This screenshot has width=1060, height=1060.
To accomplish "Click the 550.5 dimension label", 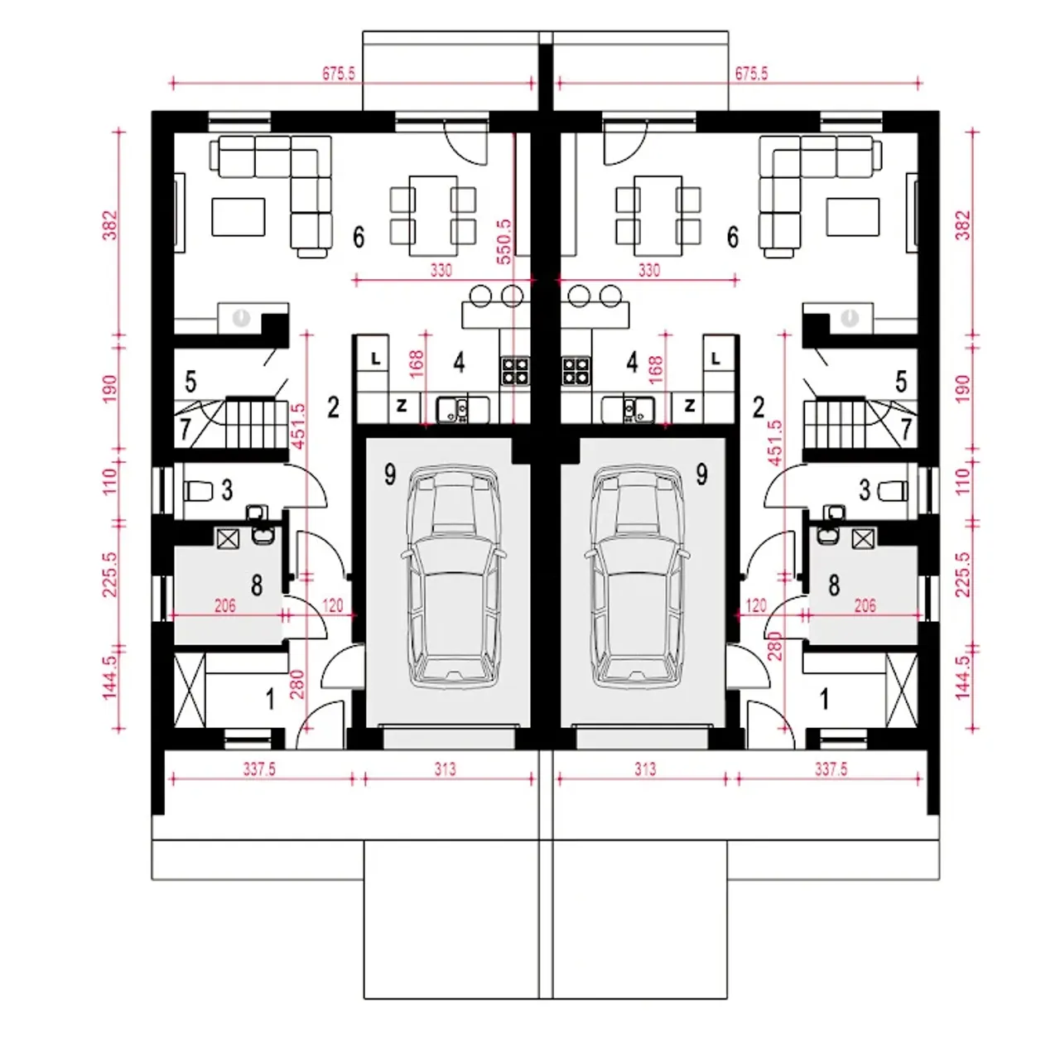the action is pyautogui.click(x=503, y=242).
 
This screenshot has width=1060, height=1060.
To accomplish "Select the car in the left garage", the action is pyautogui.click(x=453, y=577).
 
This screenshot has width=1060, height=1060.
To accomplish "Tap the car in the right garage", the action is pyautogui.click(x=638, y=577).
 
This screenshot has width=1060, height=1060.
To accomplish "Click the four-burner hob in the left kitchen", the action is pyautogui.click(x=515, y=371).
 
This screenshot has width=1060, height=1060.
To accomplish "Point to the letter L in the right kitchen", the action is pyautogui.click(x=715, y=359).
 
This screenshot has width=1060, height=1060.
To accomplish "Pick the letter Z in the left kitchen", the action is pyautogui.click(x=402, y=406).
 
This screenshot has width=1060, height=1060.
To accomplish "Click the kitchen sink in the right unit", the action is pyautogui.click(x=628, y=410).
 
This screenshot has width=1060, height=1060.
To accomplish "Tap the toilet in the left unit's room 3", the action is pyautogui.click(x=198, y=490).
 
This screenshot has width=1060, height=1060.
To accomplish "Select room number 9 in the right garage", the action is pyautogui.click(x=701, y=474).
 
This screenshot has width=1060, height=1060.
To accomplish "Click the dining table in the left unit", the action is pyautogui.click(x=433, y=215).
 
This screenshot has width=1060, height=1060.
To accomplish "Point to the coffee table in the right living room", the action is pyautogui.click(x=853, y=217).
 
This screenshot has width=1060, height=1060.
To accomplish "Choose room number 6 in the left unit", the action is pyautogui.click(x=359, y=237).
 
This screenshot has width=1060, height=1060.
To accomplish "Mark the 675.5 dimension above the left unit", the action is pyautogui.click(x=339, y=74).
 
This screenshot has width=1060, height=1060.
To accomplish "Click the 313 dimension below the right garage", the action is pyautogui.click(x=644, y=768).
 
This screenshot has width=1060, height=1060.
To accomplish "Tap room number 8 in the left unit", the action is pyautogui.click(x=257, y=585).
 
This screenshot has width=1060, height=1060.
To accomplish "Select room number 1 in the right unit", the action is pyautogui.click(x=824, y=700).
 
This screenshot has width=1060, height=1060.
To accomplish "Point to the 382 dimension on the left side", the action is pyautogui.click(x=111, y=224).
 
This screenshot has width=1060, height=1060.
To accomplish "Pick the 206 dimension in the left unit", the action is pyautogui.click(x=225, y=605).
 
